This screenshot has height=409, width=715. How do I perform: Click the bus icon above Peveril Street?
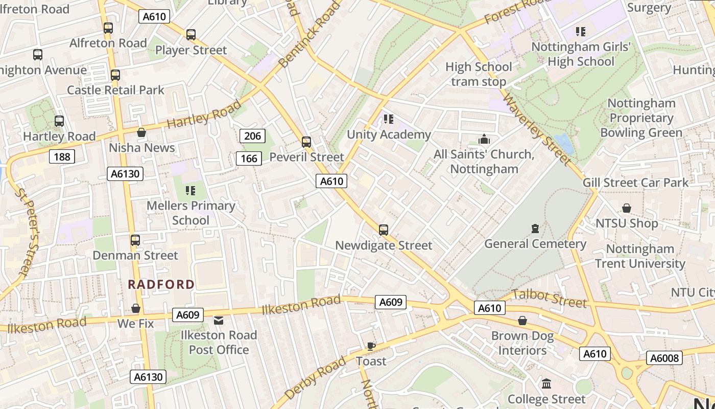point(306,142)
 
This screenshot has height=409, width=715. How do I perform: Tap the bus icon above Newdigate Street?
point(384,230)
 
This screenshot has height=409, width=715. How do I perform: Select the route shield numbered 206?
point(252,135)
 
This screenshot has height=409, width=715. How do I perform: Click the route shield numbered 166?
point(249,158)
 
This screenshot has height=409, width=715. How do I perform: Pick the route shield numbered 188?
point(62,156)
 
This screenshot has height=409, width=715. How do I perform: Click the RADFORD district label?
point(161,284)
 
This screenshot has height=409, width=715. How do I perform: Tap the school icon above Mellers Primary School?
point(190,191)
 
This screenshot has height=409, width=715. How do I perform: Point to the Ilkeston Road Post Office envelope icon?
point(219,321)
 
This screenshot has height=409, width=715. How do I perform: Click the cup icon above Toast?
point(371,346)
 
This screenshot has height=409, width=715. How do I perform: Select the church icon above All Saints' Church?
point(484,139)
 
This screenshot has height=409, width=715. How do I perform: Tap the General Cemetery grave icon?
point(535,228)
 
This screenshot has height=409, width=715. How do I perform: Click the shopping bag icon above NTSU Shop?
point(626,208)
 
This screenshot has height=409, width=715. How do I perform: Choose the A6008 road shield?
point(664,358)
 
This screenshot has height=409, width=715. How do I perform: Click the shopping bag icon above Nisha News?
point(141,133)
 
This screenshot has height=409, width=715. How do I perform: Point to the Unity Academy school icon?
point(389,119)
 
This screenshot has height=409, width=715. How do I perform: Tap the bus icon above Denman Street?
point(135,240)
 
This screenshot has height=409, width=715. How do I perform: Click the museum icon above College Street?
point(546,383)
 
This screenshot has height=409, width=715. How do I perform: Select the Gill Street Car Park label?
point(635,183)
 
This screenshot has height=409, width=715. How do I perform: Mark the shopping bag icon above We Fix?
point(136,308)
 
